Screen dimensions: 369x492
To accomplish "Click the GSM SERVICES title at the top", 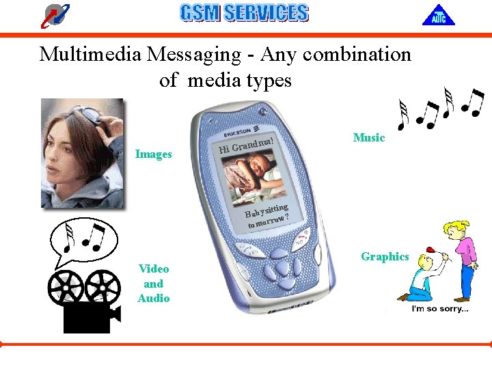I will (x=244, y=13).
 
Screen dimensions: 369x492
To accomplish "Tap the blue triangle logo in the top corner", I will (x=438, y=14).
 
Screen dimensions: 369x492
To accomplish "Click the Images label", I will (x=153, y=154).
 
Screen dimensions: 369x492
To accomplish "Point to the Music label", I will (x=369, y=137).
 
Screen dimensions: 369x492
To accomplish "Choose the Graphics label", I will (x=385, y=257).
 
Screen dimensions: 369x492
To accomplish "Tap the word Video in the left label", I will (x=153, y=269).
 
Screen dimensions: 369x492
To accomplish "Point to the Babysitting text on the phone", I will (x=267, y=210).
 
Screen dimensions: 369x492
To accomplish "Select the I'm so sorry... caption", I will (x=439, y=309).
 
